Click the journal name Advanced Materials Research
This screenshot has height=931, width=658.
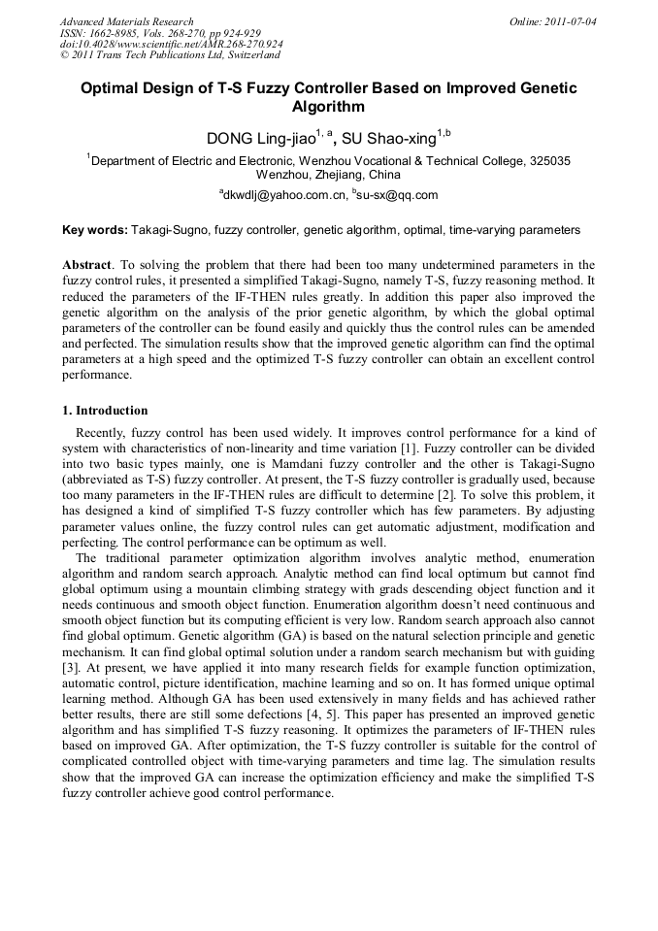126,21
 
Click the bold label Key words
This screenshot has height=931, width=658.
94,231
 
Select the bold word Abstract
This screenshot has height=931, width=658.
87,265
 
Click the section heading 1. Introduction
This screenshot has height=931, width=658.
105,411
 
